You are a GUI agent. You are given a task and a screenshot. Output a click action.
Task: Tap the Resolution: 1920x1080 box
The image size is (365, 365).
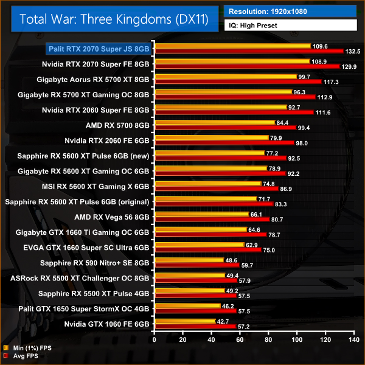290,10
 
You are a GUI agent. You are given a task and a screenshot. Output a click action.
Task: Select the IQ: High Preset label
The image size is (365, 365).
290,25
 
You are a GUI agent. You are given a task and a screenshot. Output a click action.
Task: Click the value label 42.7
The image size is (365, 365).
224,321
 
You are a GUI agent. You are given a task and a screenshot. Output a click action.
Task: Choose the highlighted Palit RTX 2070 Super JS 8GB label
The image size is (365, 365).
100,47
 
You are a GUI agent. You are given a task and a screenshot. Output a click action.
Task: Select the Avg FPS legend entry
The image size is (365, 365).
24,356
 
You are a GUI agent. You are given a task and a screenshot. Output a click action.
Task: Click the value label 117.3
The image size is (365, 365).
332,82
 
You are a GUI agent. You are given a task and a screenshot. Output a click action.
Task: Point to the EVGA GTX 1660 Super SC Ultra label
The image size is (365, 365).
95,248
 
